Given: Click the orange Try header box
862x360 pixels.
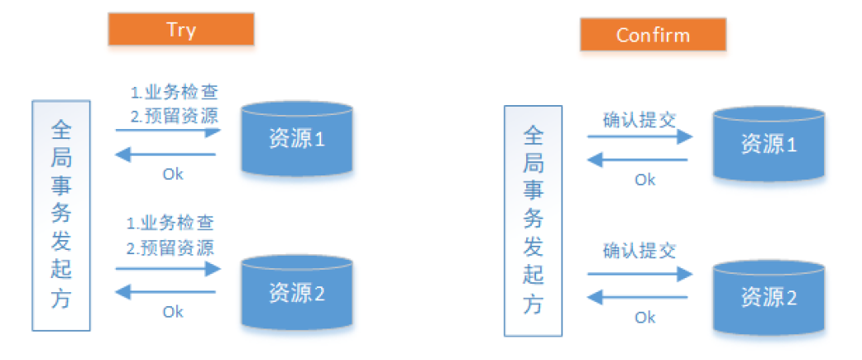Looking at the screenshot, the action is point(180,31).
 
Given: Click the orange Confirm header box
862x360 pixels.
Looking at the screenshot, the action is point(653,35).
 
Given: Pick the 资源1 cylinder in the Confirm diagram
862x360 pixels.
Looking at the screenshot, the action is point(769,145).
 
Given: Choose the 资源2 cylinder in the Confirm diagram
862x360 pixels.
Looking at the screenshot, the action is point(769,298).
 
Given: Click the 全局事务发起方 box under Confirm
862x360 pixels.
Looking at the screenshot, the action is point(533,220).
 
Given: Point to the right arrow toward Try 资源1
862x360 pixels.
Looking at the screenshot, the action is point(168,131).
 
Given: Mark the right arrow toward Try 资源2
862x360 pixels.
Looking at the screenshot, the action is point(168,268).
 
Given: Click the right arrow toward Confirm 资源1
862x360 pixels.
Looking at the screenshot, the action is point(639,137).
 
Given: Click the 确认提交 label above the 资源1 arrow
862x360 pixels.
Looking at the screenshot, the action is point(639,118).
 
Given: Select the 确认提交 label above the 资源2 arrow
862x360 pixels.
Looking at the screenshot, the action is point(639,250).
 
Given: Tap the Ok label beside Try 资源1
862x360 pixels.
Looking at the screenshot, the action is point(173,174).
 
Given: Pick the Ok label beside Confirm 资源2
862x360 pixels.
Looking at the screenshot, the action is point(644,317).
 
